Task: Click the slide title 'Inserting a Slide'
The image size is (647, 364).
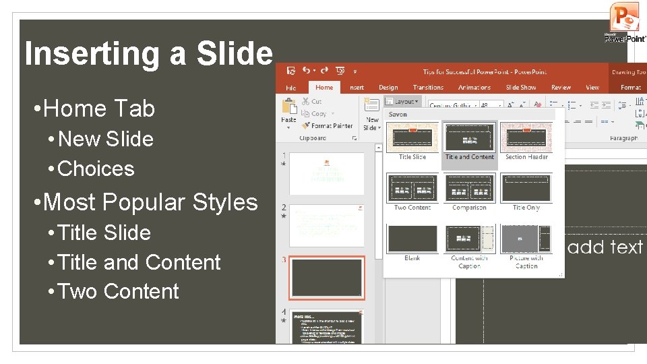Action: pos(148,54)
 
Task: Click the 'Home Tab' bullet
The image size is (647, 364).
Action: pos(94,109)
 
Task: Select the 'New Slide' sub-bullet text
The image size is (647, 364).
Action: pos(106,140)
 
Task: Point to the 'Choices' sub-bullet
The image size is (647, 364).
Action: pos(96,169)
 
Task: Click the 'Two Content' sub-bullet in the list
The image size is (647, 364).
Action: pos(119,292)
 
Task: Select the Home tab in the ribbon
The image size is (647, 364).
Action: pos(324,88)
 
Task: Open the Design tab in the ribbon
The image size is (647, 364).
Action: pos(388,88)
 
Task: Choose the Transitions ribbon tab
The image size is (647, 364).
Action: pos(428,88)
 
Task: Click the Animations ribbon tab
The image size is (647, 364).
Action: pos(474,88)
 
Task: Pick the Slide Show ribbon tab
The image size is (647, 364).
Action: pos(521,88)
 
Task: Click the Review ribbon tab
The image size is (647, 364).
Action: pos(561,88)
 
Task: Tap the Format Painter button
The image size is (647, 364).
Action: pos(328,126)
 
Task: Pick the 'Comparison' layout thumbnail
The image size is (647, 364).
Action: pos(470,188)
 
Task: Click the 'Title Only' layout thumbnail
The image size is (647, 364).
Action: pos(526,188)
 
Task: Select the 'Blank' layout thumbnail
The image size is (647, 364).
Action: pos(412,239)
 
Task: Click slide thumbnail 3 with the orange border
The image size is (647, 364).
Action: pos(327,277)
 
